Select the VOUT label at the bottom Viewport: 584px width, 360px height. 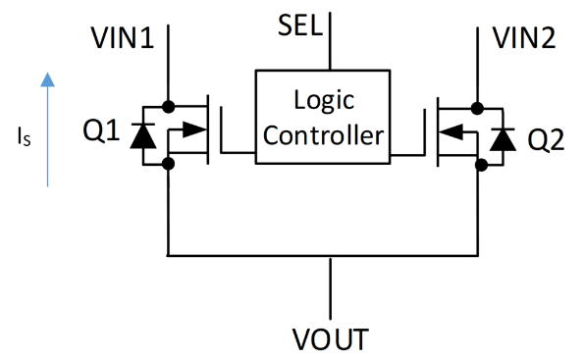pos(332,339)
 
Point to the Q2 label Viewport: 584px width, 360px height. pos(548,139)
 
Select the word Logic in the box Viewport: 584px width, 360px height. pos(324,100)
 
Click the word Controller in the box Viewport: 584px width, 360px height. pos(324,134)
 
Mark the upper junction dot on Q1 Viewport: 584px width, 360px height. pos(169,105)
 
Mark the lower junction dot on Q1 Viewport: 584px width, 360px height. pos(169,164)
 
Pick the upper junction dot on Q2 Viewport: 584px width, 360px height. pos(478,105)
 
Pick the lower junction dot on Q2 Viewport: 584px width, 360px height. pos(478,164)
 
